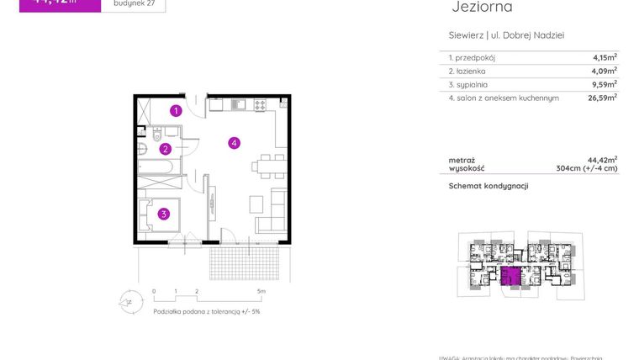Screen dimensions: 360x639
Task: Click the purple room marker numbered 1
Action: pos(176,110)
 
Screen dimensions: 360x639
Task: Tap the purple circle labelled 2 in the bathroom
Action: pos(166,149)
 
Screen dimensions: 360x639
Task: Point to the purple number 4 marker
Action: pos(235,143)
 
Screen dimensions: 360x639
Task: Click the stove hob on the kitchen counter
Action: pos(260,105)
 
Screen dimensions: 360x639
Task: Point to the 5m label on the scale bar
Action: pos(261,292)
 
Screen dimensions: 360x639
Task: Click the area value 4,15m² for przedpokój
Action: pos(605,58)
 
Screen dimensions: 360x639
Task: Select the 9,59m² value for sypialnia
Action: pos(605,84)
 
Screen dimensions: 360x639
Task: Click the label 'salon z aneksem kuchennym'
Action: pos(507,98)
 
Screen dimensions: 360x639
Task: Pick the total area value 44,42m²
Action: pos(603,159)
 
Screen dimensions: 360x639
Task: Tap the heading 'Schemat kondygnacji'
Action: pos(488,186)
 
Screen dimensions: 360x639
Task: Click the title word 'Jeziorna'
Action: pos(482,8)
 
